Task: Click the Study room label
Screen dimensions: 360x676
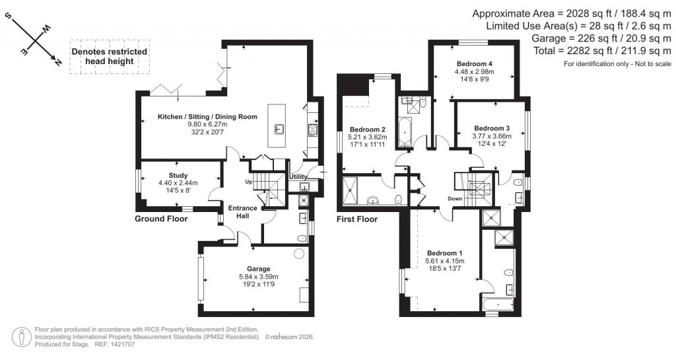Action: tap(178, 175)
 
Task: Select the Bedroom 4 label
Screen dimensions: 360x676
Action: tap(474, 63)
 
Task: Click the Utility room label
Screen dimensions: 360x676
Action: tap(298, 177)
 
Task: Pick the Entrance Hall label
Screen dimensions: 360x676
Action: tap(242, 212)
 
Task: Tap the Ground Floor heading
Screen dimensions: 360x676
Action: tap(162, 219)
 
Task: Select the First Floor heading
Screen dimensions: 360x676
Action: tap(357, 219)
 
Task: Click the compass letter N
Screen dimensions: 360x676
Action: tap(58, 62)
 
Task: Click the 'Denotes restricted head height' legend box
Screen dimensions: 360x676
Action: tap(110, 56)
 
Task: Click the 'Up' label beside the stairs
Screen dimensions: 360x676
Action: tap(248, 182)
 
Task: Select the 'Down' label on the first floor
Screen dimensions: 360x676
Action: tap(454, 198)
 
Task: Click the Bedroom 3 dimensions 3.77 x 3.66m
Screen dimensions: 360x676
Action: tap(492, 136)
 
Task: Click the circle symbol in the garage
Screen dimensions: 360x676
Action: tap(299, 253)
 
